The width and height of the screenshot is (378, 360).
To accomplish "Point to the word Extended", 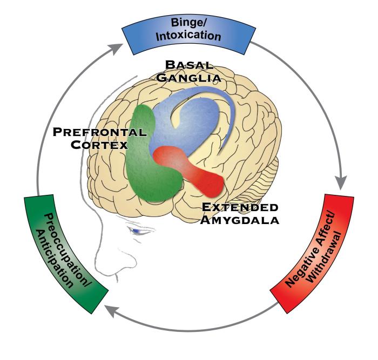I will click(x=236, y=207).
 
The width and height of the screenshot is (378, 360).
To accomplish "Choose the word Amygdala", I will click(x=235, y=220).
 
